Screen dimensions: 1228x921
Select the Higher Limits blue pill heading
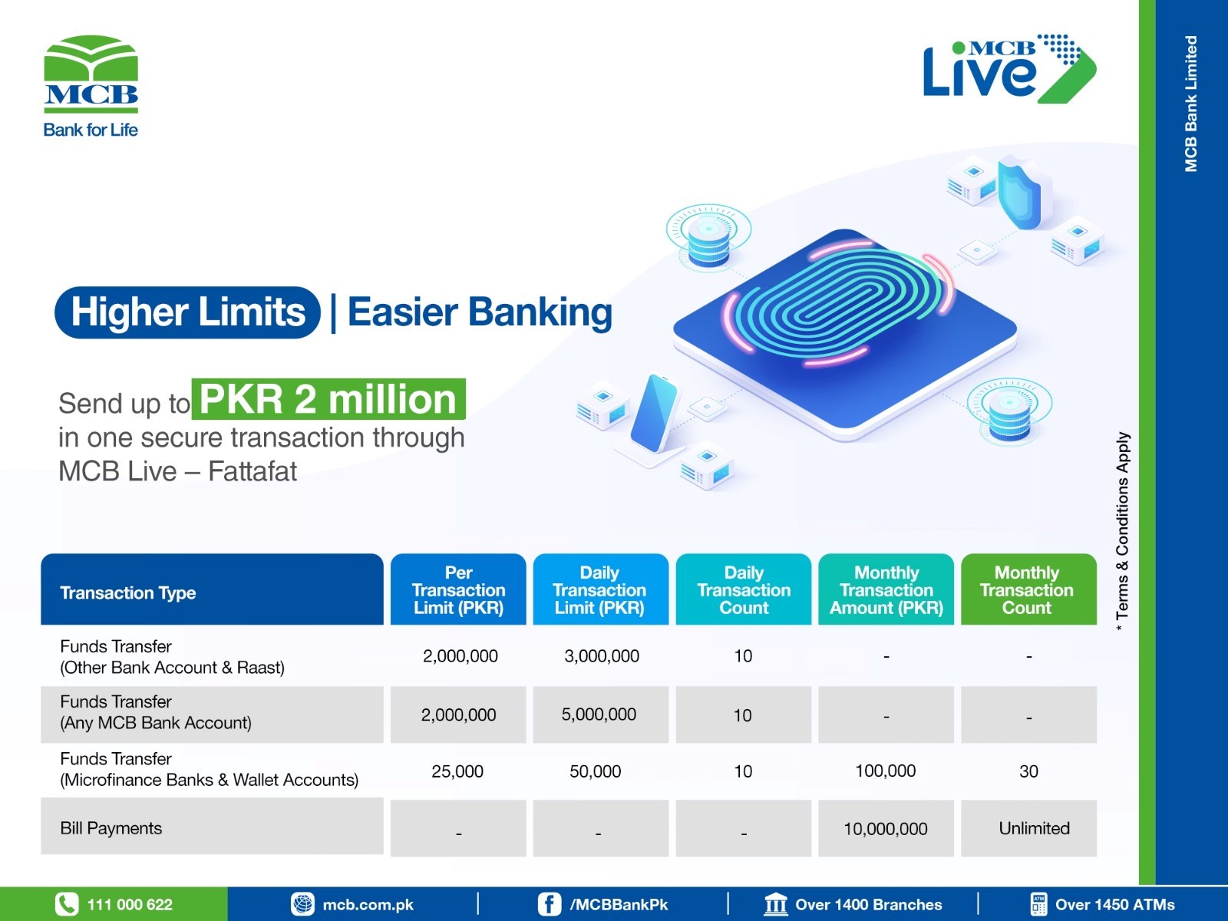point(187,312)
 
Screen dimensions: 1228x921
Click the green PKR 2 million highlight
point(328,399)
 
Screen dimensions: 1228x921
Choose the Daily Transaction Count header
point(744,589)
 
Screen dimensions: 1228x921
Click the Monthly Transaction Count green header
point(1029,589)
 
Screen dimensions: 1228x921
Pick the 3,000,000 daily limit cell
point(602,656)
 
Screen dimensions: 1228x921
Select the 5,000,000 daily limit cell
point(599,715)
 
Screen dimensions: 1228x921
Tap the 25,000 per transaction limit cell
point(457,771)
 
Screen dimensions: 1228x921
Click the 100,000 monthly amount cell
point(886,771)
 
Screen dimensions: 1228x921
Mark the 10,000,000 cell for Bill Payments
point(886,828)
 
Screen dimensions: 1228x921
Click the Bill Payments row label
point(111,828)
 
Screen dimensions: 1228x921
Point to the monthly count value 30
point(1029,771)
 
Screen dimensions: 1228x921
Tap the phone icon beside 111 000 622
point(67,904)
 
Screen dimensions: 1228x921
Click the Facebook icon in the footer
point(550,904)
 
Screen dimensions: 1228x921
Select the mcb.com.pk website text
point(368,905)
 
